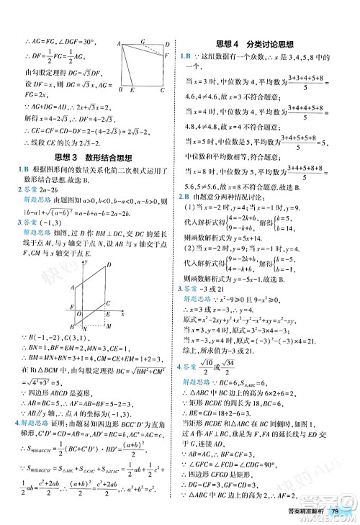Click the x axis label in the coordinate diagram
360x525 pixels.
pos(123,315)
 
